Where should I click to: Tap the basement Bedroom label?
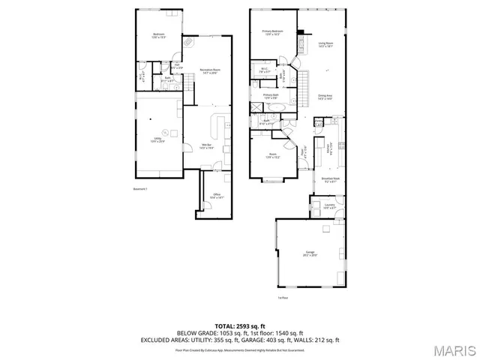(159, 35)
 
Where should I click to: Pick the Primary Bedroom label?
(271, 32)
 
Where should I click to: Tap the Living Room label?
(325, 44)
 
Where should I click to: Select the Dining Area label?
(325, 97)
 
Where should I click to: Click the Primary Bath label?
(271, 96)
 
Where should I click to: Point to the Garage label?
(310, 253)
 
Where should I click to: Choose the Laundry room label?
(328, 205)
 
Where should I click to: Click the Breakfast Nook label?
(331, 179)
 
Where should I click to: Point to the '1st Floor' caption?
(283, 298)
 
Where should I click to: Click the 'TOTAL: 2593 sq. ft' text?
(240, 325)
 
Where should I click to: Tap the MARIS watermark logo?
(454, 351)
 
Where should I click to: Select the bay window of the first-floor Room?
(272, 180)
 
